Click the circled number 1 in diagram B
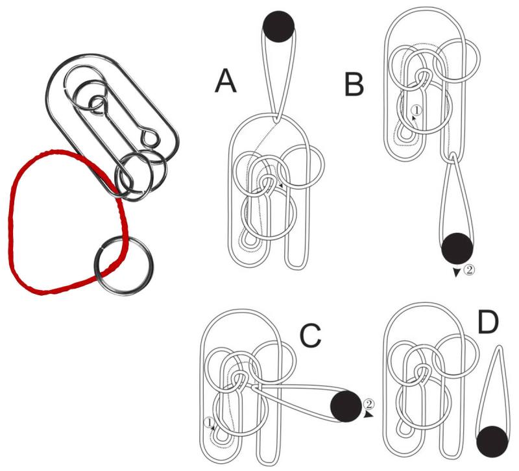tap(417, 111)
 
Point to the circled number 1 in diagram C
tap(209, 422)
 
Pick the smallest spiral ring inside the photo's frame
tap(99, 103)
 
